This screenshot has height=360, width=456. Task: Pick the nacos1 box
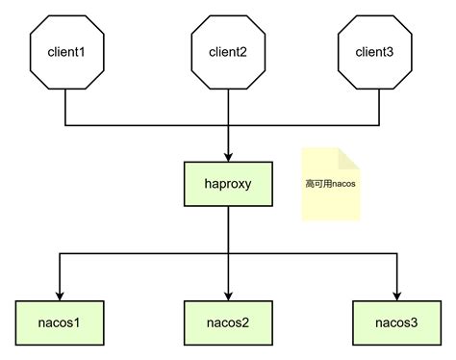(x=60, y=321)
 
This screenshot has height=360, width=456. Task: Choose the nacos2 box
(x=228, y=321)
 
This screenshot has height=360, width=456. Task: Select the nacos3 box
(x=395, y=321)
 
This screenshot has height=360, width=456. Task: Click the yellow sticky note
(x=330, y=185)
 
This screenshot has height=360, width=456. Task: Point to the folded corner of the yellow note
(x=351, y=157)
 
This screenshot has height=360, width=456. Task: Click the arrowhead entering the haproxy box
(x=228, y=156)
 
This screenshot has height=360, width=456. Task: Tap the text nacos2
(x=228, y=321)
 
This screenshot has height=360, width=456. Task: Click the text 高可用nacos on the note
(x=330, y=183)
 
